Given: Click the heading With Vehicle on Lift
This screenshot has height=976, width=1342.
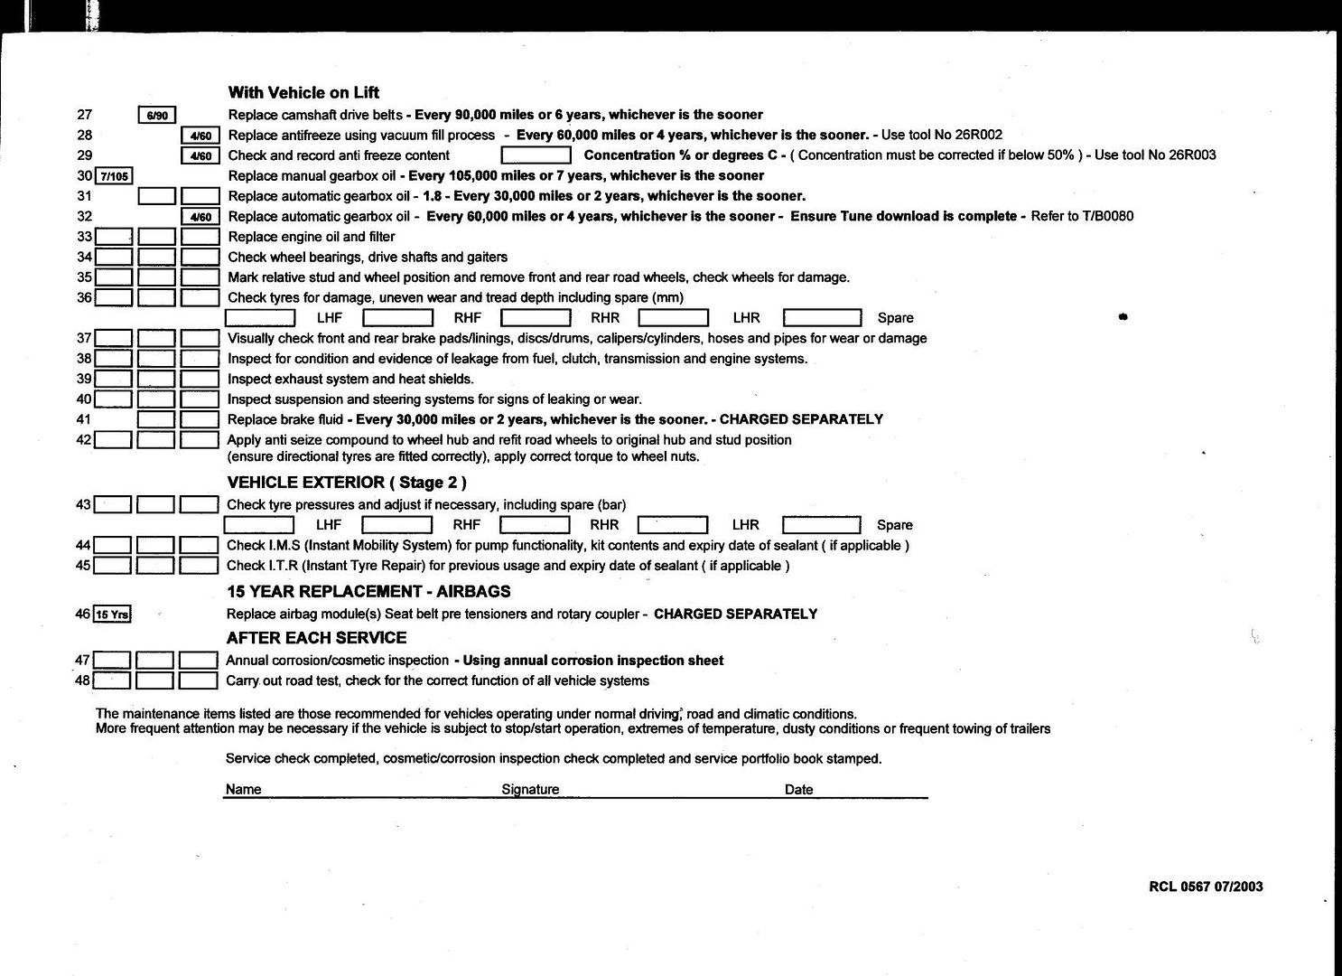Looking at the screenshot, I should coord(303,92).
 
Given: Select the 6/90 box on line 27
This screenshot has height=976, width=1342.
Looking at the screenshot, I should coord(157,115).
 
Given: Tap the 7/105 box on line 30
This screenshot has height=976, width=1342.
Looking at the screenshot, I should coord(115,175).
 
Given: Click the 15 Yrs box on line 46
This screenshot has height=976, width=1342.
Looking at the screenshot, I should coord(113,615).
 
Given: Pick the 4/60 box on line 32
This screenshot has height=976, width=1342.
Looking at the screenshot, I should coord(200,217).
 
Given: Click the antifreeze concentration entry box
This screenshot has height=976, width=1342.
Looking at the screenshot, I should coord(536,155).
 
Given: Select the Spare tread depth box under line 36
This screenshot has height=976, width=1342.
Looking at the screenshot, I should coord(822,317).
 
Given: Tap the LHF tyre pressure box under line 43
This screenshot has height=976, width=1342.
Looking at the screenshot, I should coord(259,524).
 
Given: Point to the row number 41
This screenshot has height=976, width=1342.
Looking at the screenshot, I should coord(84,419).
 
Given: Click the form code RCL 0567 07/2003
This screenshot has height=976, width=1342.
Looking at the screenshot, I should coord(1206,887).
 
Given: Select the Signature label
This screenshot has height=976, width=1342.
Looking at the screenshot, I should coord(530,790).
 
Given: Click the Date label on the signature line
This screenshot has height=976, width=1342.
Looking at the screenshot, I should coord(798,790).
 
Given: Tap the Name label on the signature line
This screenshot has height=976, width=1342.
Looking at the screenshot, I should coord(243,790).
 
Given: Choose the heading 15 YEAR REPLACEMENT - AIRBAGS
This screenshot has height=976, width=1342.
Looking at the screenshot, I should coord(368,592).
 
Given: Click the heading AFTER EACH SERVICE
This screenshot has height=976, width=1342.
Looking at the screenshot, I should coord(316,637).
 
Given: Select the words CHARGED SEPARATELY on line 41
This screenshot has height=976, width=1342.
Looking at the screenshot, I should coord(801,419).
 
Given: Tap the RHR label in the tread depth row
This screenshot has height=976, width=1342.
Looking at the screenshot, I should coord(605,318).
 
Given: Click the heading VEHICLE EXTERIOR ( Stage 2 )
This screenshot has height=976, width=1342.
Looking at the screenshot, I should coord(347,483).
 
